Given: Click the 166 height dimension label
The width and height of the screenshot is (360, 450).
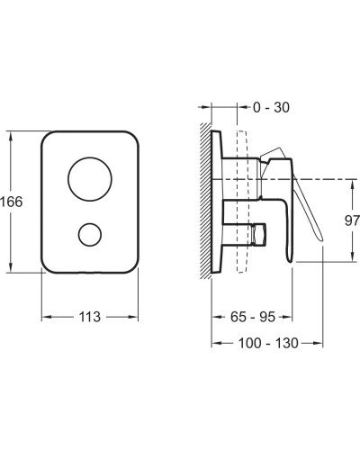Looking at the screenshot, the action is coord(12,202).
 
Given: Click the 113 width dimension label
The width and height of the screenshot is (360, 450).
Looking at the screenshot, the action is coord(89,317).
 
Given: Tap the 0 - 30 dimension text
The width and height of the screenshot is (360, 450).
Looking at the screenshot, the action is coord(271,107).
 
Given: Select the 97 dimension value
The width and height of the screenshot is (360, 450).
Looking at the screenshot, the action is coord(352,220).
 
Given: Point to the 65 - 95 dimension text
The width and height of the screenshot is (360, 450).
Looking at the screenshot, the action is coord(253,317).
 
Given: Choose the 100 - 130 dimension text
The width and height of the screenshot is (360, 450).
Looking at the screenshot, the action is coord(268,343).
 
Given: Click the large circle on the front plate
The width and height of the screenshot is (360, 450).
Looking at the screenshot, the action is coord(90,179).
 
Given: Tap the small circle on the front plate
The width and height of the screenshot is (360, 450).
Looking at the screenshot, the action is coord(90,235).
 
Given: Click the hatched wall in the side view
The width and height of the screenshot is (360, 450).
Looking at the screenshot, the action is coord(205,201).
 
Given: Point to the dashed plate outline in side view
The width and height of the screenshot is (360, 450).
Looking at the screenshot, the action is coord(242,202).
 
